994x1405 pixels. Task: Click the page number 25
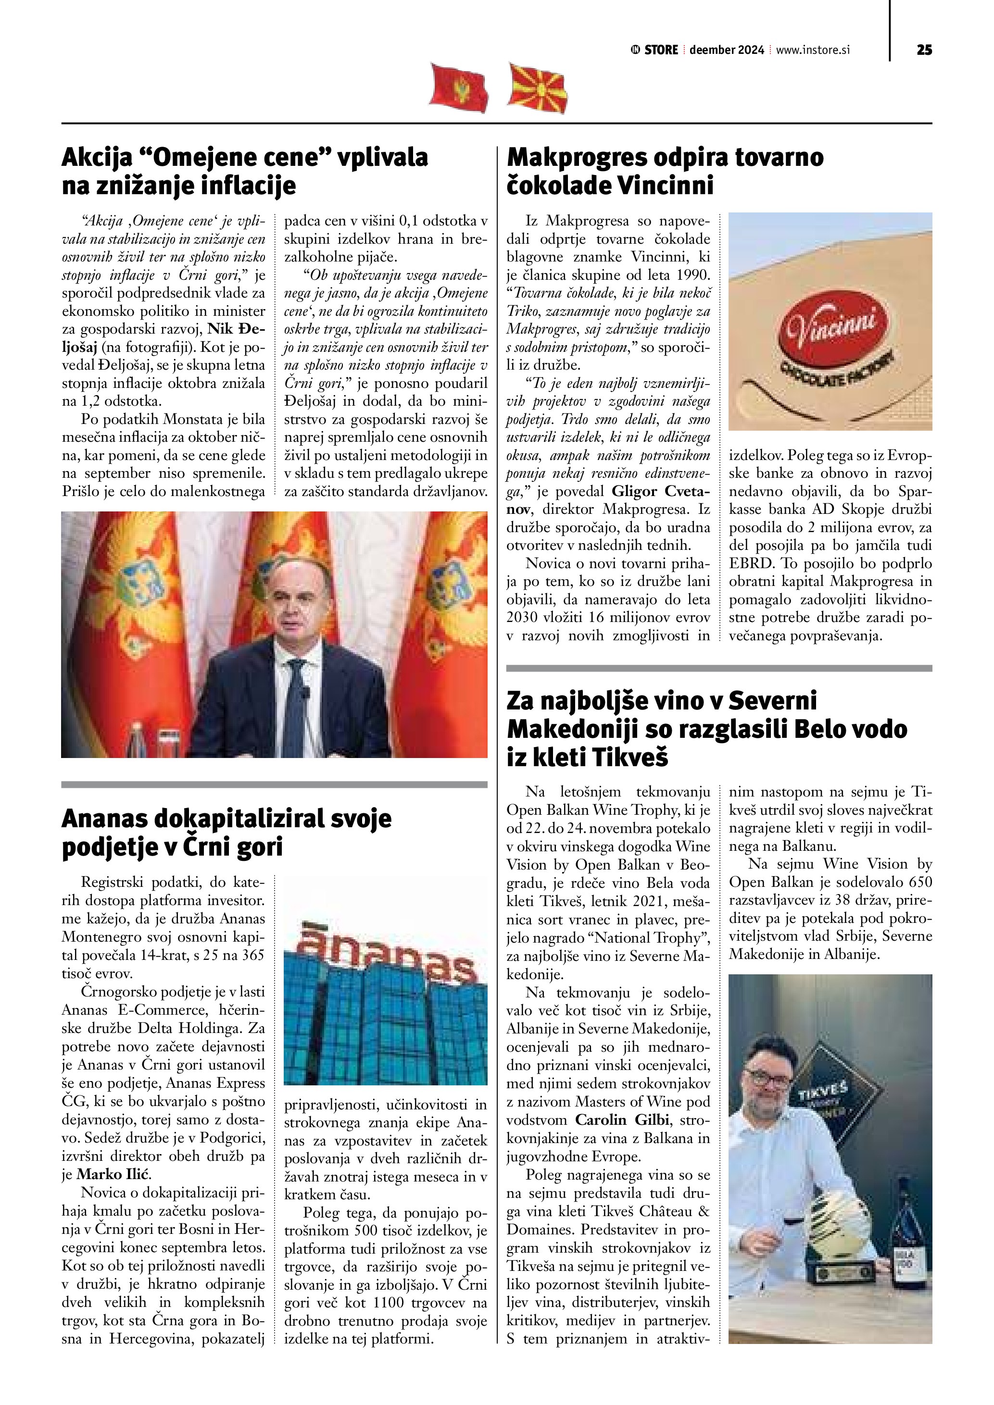coord(924,50)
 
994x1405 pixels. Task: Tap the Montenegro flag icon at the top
coord(459,87)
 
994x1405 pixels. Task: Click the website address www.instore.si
coord(813,50)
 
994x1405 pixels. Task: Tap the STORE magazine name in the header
coord(662,50)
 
